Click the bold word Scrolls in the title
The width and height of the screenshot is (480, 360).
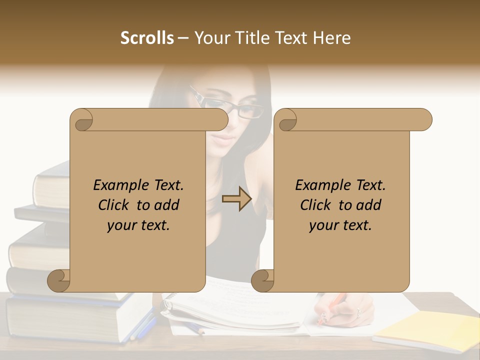pyautogui.click(x=147, y=38)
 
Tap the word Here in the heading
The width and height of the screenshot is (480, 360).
pyautogui.click(x=332, y=38)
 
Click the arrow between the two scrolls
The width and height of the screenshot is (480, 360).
pyautogui.click(x=237, y=198)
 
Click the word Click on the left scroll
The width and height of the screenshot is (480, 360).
pyautogui.click(x=115, y=205)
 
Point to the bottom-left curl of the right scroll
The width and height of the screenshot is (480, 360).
pyautogui.click(x=263, y=281)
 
